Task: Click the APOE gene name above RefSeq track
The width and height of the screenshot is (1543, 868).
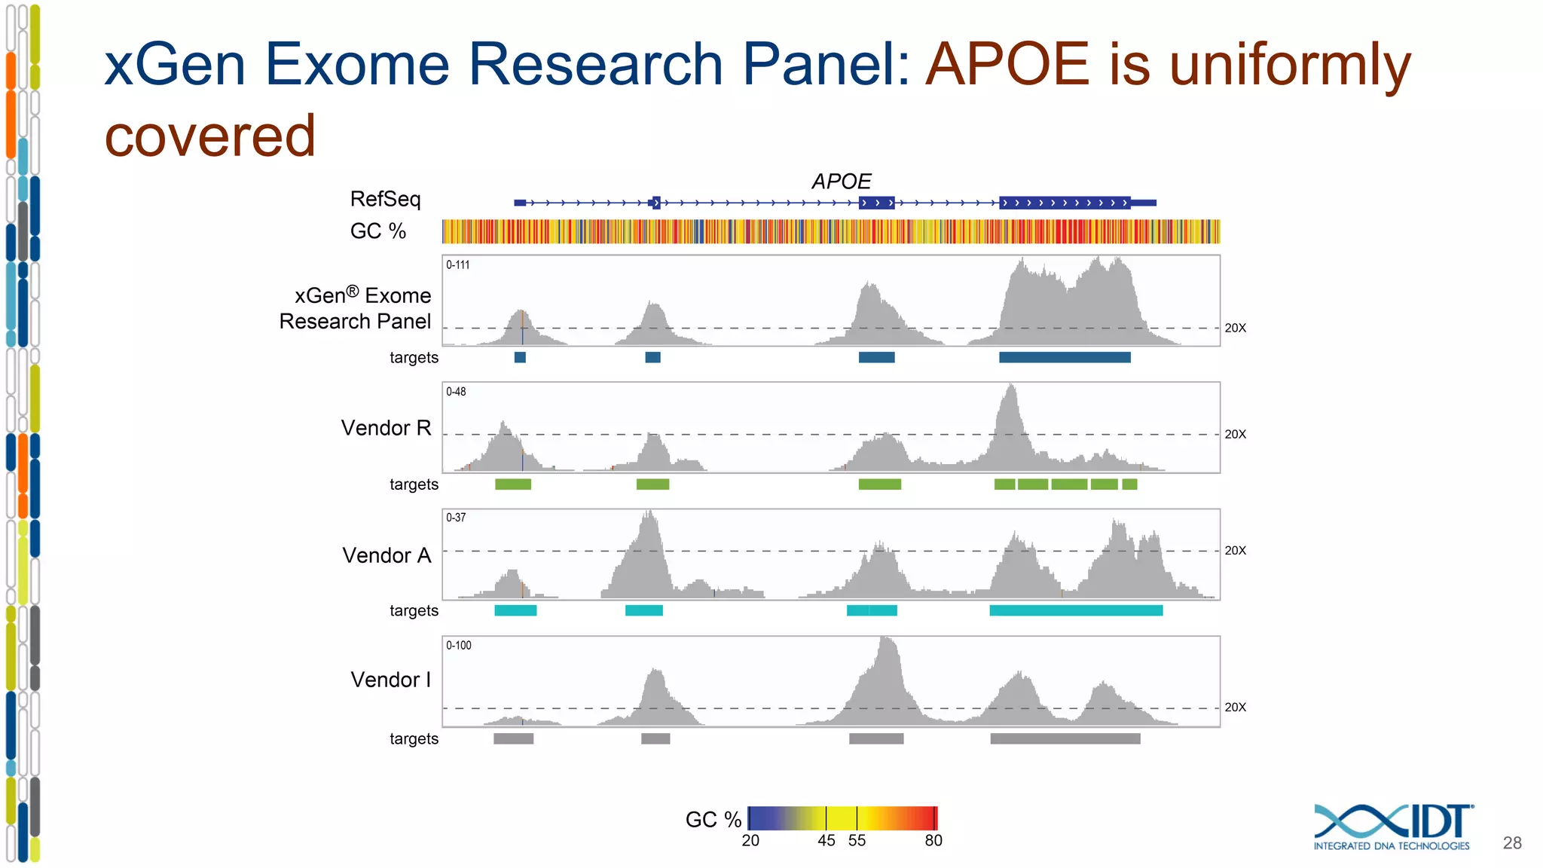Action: point(841,182)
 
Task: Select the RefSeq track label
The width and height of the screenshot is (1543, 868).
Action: point(385,199)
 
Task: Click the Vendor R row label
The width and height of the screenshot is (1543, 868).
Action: point(386,428)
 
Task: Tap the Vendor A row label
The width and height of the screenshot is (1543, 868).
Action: point(387,555)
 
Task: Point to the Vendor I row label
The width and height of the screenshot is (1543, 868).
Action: point(390,680)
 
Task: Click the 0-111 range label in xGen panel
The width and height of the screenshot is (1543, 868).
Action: point(457,265)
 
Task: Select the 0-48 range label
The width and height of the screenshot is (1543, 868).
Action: point(456,392)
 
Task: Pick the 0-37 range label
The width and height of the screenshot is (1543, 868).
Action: point(456,518)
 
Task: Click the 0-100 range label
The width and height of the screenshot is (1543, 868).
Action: point(458,646)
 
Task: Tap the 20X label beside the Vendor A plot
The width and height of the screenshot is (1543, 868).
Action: point(1235,551)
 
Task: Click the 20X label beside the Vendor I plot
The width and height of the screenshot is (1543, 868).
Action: point(1235,708)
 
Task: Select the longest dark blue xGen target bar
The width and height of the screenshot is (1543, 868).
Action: point(1065,357)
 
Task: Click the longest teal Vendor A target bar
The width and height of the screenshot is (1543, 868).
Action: point(1076,610)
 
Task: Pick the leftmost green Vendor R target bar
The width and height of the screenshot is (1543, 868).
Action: point(513,484)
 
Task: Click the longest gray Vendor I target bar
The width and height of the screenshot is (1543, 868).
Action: point(1065,738)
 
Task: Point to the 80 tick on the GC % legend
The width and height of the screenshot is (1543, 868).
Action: point(933,841)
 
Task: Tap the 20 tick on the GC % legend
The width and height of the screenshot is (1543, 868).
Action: point(750,841)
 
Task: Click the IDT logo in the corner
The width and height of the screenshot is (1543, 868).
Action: point(1392,827)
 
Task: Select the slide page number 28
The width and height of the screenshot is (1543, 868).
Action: point(1511,843)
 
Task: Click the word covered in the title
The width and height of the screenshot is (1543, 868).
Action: point(210,136)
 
